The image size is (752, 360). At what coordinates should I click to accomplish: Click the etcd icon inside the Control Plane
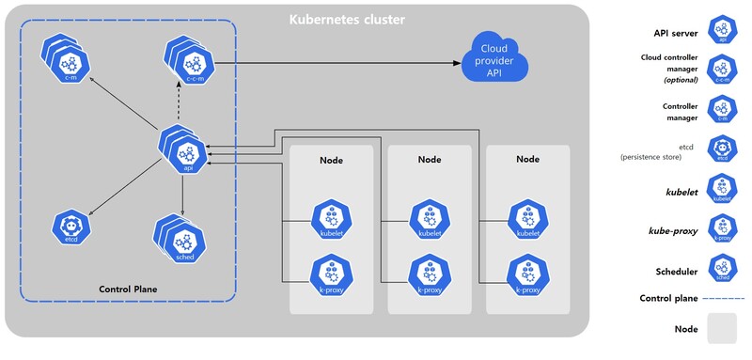click(x=70, y=227)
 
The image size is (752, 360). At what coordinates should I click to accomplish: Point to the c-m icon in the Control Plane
click(x=68, y=61)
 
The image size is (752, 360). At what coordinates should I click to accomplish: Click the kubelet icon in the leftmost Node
click(x=330, y=219)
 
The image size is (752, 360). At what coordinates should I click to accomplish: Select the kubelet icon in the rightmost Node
click(x=527, y=219)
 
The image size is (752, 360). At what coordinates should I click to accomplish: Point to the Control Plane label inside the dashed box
click(x=128, y=288)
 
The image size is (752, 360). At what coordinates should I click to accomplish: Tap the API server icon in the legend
click(x=722, y=28)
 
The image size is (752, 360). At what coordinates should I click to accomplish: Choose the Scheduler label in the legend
click(x=675, y=271)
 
